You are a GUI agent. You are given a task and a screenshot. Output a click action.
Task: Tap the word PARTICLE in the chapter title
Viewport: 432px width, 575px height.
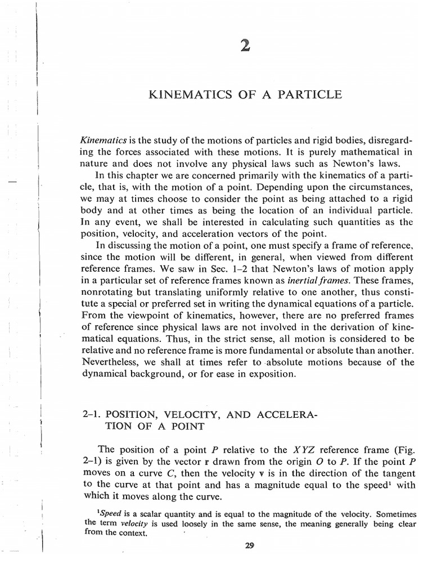coord(314,94)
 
